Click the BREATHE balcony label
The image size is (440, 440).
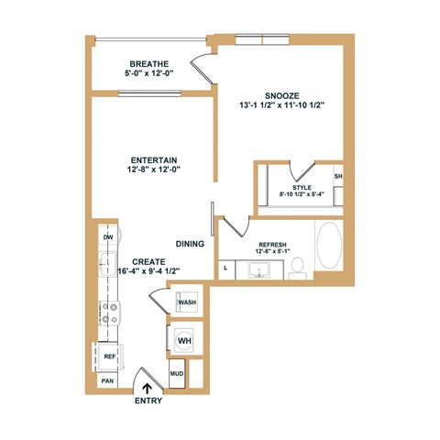[x=148, y=64]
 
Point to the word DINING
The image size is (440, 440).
[x=190, y=244]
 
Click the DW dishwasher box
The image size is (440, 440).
[x=107, y=237]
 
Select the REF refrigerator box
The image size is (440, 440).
[x=108, y=356]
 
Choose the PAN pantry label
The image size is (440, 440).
[x=107, y=380]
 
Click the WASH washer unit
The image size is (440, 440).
[x=187, y=302]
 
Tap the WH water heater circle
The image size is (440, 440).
[x=184, y=341]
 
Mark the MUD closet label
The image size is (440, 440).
[x=176, y=374]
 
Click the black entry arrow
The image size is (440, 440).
[x=149, y=387]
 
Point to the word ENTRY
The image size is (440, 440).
[x=149, y=401]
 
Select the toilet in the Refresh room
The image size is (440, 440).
[x=297, y=267]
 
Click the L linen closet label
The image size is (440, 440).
[x=225, y=268]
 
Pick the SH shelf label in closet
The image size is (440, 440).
[x=338, y=176]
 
